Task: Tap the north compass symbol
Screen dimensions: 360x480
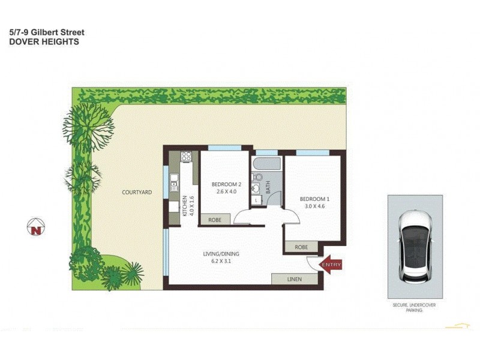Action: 36,227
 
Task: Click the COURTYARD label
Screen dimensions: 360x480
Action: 137,192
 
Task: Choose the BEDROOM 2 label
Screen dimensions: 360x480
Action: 226,184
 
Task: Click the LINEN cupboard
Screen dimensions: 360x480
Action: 294,279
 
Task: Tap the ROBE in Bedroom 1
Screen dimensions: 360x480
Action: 302,247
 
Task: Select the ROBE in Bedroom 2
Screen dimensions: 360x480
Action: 215,220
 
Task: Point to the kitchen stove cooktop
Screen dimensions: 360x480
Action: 187,158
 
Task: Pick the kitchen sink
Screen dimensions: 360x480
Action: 174,178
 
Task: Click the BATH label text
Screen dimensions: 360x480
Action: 268,187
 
